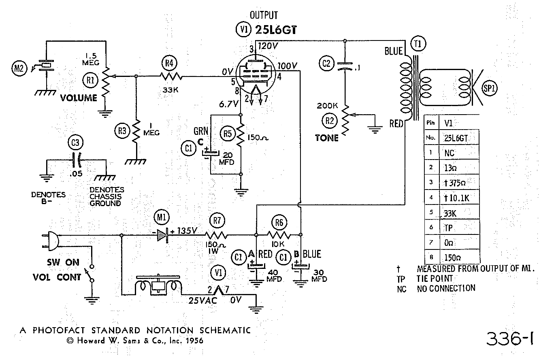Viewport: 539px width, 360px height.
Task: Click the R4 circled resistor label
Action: [169, 63]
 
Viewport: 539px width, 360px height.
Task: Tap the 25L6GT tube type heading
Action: [276, 30]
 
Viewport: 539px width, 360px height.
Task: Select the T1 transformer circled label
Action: [418, 44]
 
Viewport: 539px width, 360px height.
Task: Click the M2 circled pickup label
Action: [19, 68]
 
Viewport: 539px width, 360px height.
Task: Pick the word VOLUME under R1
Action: [79, 98]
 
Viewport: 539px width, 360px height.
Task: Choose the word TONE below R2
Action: [327, 138]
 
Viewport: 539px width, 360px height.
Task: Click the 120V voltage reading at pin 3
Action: [268, 46]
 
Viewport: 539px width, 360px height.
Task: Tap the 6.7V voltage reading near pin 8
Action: [228, 104]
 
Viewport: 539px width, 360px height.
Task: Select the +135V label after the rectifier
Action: [184, 231]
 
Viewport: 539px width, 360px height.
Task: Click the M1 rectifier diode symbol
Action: [162, 235]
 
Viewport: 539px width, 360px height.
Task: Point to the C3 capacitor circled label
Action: [75, 143]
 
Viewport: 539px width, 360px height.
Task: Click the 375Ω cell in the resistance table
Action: [455, 183]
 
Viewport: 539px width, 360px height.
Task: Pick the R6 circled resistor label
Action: [279, 223]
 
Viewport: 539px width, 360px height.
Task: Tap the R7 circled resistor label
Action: [217, 220]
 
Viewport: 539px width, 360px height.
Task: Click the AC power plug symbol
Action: [50, 241]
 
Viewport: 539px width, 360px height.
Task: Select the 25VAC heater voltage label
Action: [202, 300]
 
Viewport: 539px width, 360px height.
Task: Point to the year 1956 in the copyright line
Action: [194, 341]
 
